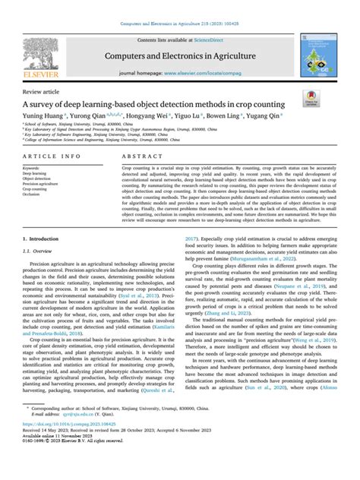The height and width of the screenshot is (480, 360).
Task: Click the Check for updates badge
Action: tap(332, 102)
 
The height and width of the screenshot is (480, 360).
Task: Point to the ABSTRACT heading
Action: tap(141, 174)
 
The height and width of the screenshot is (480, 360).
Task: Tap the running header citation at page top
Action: tap(179, 6)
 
